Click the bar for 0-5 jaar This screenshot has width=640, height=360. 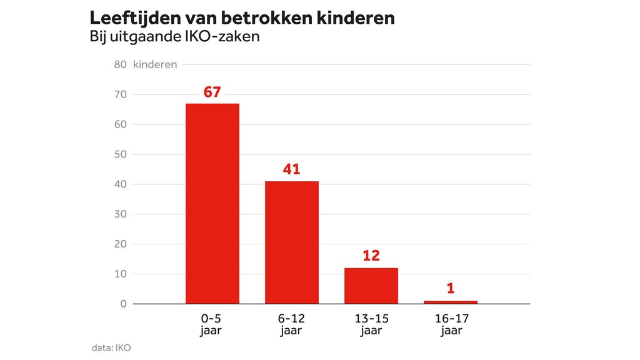pos(212,203)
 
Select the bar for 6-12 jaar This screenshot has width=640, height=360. pos(292,242)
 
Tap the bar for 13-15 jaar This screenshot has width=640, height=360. pos(371,286)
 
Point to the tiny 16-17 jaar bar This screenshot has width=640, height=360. pos(451,302)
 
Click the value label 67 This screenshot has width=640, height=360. pos(212,92)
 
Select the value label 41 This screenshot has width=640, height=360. pos(292,169)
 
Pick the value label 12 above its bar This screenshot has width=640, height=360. pos(371,256)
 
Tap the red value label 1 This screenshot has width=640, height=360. pos(451,289)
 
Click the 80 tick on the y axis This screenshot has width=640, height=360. pos(121,64)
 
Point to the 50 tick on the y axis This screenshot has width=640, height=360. pos(121,154)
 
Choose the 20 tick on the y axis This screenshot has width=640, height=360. pos(121,244)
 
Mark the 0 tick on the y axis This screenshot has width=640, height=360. pos(124,304)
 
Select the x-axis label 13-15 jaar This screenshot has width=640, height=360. pos(371,324)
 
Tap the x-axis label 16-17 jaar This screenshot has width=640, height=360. pos(451,324)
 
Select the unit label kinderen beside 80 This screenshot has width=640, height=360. pos(155,64)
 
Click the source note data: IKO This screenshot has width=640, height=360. pos(111,347)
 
